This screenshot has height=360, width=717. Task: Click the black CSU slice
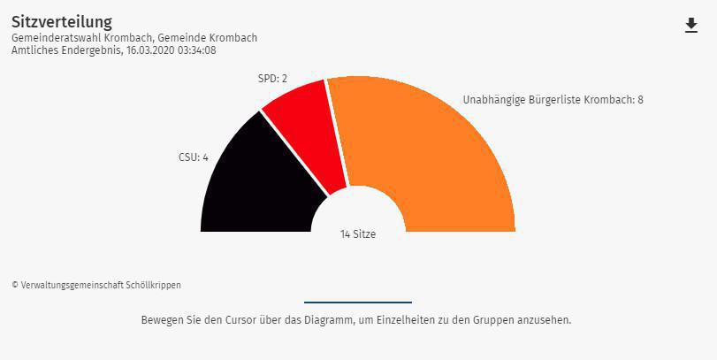[x=256, y=186]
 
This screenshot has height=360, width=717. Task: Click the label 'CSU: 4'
[x=193, y=158]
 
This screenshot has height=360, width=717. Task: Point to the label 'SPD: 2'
[x=272, y=79]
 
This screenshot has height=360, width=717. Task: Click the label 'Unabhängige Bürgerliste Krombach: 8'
[x=553, y=100]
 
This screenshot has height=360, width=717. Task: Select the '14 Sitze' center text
[x=358, y=234]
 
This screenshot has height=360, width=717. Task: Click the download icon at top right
[x=691, y=26]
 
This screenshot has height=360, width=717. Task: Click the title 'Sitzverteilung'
[x=61, y=21]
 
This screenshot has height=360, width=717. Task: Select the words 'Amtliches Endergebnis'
[x=66, y=50]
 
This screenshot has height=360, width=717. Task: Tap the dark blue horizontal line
[x=358, y=303]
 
